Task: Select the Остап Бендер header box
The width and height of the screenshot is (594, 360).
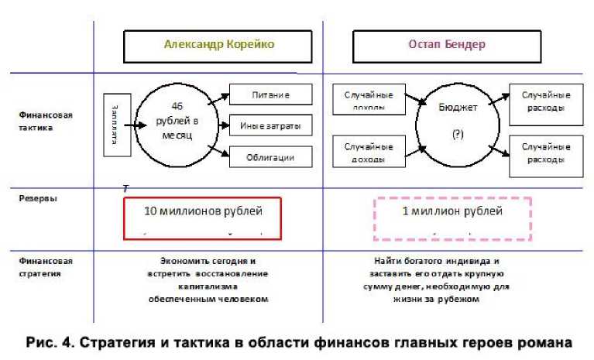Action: point(447,46)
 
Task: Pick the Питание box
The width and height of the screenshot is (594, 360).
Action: point(270,94)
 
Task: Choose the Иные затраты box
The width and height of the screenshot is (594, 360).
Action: point(270,125)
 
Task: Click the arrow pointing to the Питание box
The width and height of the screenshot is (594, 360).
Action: point(219,98)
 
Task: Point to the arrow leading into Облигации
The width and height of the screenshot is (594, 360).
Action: point(219,152)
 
